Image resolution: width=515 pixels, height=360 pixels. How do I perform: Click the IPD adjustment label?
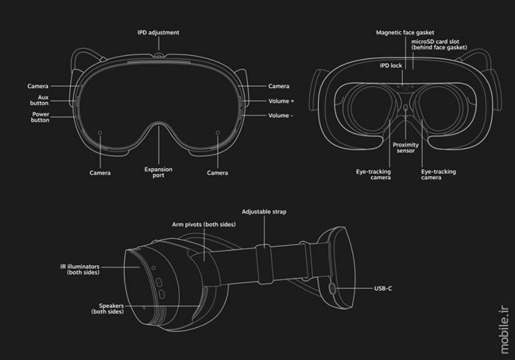(158, 33)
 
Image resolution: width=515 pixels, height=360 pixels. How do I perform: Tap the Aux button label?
(40, 100)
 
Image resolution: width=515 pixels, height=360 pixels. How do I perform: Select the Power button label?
(40, 117)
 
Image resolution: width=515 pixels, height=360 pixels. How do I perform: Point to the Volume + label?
(281, 101)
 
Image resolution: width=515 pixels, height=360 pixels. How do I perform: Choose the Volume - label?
(281, 116)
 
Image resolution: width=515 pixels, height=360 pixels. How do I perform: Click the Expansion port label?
(158, 173)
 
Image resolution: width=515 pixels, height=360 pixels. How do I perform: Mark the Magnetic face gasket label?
(405, 33)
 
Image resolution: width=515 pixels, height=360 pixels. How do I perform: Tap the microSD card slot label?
(439, 44)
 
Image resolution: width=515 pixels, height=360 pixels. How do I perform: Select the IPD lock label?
(391, 66)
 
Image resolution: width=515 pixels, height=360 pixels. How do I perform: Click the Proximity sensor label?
(405, 148)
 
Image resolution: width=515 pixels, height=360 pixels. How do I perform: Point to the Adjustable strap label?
(264, 211)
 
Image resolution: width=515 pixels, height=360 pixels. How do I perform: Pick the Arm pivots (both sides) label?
(204, 225)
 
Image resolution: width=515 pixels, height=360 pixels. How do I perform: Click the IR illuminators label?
(80, 270)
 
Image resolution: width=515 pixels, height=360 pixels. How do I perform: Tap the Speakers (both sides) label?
(107, 308)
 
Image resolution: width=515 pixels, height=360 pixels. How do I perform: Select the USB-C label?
(383, 288)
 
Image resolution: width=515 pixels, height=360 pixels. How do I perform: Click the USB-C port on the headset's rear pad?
(332, 288)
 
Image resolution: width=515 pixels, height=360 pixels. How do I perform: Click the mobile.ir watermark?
(505, 329)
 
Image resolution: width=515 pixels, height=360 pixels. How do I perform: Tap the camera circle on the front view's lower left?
(100, 133)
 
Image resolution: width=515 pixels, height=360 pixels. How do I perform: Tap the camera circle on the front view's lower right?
(217, 132)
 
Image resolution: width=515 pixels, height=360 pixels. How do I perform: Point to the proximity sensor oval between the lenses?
(405, 108)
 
